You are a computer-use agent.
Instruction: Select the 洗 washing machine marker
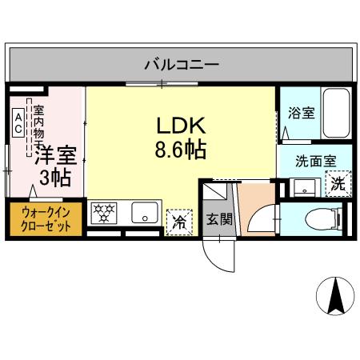pos(339,184)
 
